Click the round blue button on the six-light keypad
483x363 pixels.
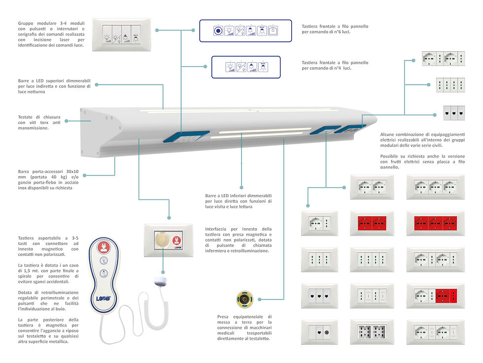click(217, 31)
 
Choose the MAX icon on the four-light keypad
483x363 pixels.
click(263, 67)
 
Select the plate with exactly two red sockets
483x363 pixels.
click(372, 224)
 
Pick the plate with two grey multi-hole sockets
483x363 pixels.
click(372, 331)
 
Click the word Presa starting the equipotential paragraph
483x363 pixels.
click(224, 317)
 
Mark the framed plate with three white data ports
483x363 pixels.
click(320, 295)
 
